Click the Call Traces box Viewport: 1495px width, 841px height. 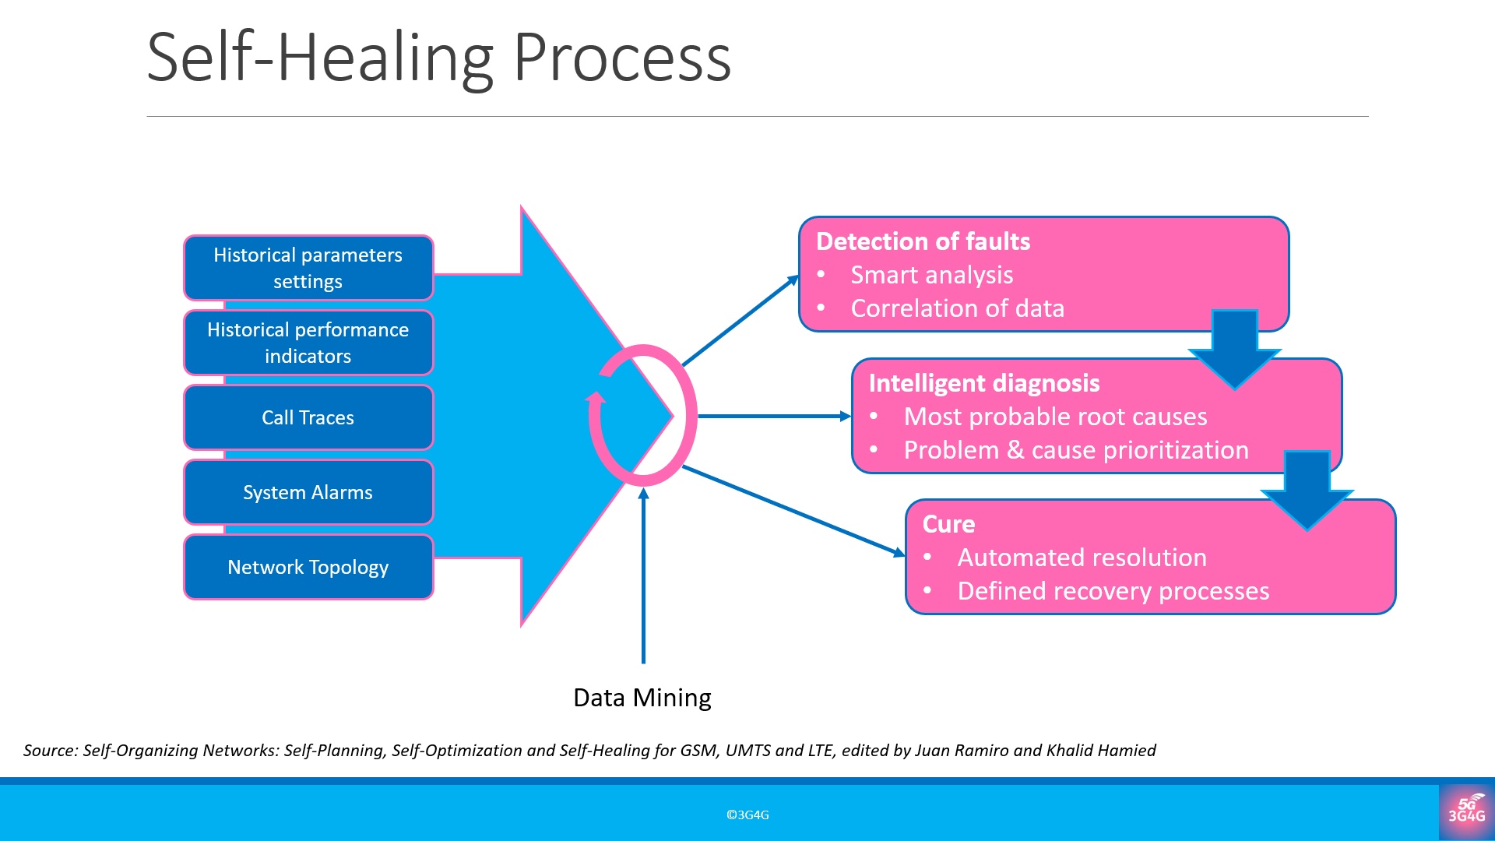[x=308, y=417]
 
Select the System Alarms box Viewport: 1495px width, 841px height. [x=308, y=492]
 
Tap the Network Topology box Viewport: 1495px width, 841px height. [x=308, y=567]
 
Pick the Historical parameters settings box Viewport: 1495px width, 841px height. [x=308, y=268]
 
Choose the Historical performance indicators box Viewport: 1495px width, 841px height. [x=308, y=343]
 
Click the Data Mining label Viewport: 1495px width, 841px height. [x=642, y=698]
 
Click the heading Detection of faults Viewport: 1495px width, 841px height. [x=923, y=241]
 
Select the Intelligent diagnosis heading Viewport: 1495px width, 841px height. [x=983, y=383]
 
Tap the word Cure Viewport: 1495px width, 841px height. [x=948, y=524]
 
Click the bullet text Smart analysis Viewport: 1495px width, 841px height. [x=931, y=275]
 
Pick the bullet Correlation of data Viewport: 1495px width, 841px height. [x=957, y=308]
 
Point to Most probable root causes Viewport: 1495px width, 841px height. [x=1055, y=417]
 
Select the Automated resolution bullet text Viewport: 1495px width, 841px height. [x=1082, y=558]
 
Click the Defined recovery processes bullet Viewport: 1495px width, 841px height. [x=1113, y=591]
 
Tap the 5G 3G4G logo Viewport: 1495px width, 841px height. [x=1466, y=811]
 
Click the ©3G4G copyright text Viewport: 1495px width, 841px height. [x=747, y=815]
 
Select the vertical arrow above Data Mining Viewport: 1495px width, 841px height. [x=643, y=576]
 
